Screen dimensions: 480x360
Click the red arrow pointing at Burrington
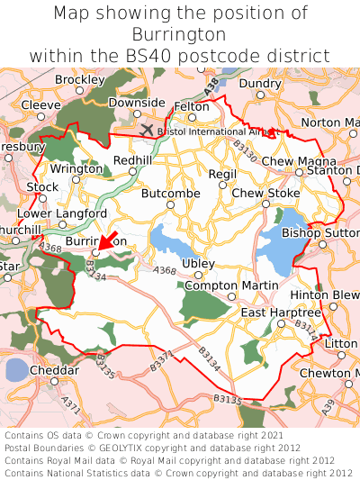(x=108, y=240)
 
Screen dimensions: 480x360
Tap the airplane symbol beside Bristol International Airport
(x=148, y=130)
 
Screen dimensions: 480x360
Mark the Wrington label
(x=76, y=168)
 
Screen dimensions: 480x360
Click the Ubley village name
(x=198, y=263)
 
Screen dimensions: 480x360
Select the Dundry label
(x=260, y=84)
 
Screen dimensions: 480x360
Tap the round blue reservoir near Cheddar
(x=17, y=370)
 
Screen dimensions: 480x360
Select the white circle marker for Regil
(x=222, y=186)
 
